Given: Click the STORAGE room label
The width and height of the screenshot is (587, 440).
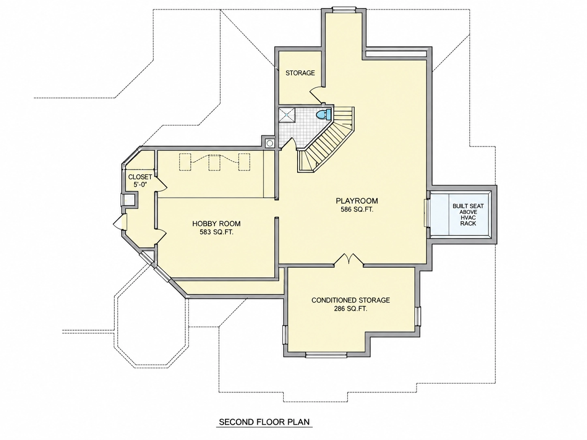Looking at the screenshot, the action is pos(300,73).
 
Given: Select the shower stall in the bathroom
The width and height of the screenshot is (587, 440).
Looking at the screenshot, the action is pos(287,115).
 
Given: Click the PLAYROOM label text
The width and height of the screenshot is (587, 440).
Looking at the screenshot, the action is pos(357,201).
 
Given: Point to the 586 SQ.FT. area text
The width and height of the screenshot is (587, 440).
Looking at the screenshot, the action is pos(357,209).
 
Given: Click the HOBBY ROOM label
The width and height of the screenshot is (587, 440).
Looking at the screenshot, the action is pos(216,224).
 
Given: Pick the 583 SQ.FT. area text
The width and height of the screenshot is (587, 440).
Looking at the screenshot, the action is pos(216,232).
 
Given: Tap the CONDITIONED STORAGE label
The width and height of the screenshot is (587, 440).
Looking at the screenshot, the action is pos(351,300).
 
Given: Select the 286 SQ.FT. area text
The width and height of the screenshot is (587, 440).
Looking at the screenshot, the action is pos(351,309).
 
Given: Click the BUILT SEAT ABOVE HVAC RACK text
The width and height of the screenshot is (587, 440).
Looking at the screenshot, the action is pos(468,214).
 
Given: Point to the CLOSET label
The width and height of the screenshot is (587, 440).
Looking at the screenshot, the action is pos(140,177).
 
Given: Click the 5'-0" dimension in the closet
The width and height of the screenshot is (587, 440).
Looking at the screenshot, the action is pos(140,185).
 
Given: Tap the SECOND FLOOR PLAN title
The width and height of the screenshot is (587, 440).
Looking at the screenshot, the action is pos(264,422).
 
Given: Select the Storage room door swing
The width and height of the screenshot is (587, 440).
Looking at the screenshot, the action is pos(316,94).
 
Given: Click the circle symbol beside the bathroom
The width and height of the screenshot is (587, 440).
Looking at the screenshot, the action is pos(270,143).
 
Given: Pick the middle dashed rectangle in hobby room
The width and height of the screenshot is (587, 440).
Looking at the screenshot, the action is pos(214,162).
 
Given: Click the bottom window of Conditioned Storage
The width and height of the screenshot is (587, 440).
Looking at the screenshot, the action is pos(326,355).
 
